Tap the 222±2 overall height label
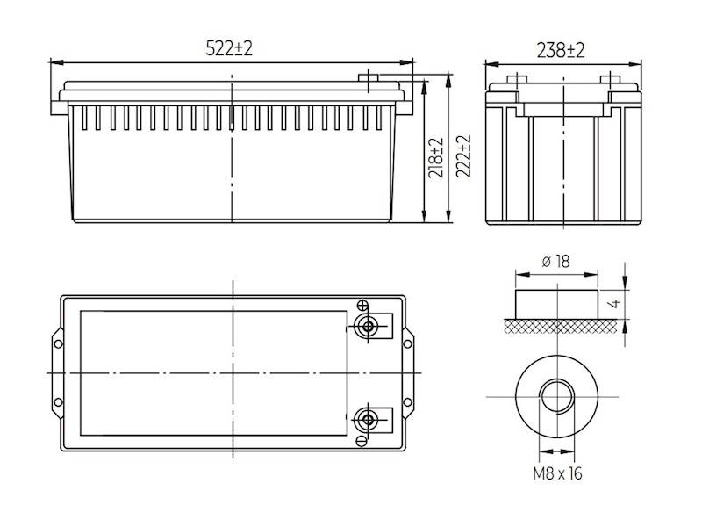[463, 158]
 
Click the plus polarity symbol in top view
[362, 306]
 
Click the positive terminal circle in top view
[368, 327]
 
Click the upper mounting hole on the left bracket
[59, 343]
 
